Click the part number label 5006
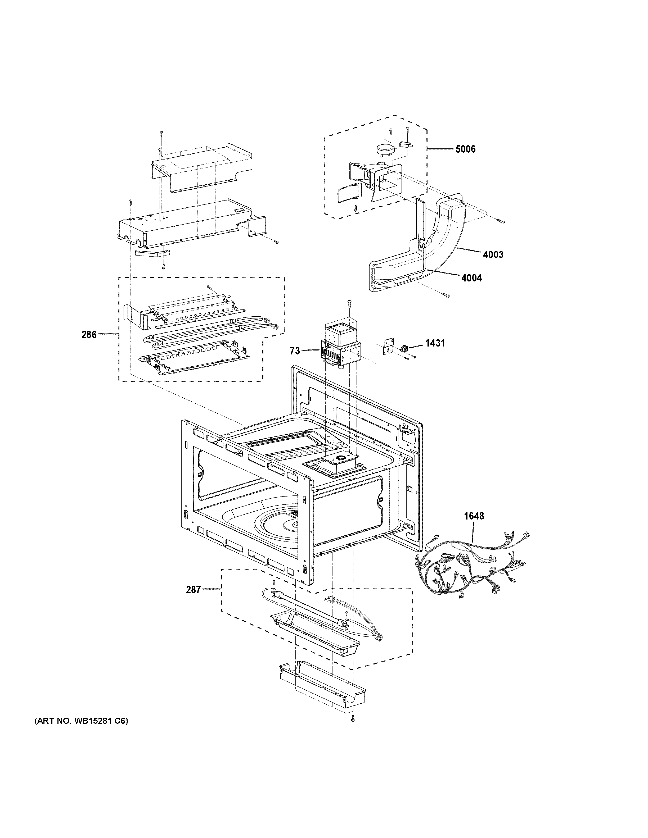coord(465,149)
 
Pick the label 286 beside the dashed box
coord(89,335)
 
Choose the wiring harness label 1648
coord(474,516)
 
